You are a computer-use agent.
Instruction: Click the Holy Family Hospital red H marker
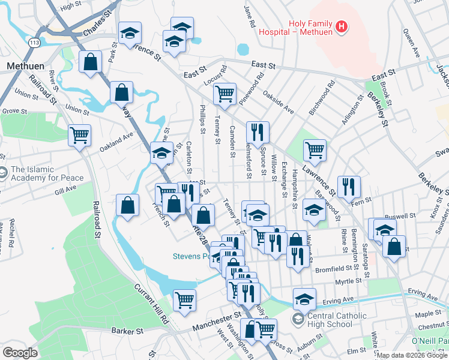341,26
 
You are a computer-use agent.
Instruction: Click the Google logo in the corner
20,352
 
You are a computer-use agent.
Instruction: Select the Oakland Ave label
116,142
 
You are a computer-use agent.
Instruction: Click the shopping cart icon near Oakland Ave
79,135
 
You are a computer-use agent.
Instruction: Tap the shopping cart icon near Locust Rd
224,93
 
